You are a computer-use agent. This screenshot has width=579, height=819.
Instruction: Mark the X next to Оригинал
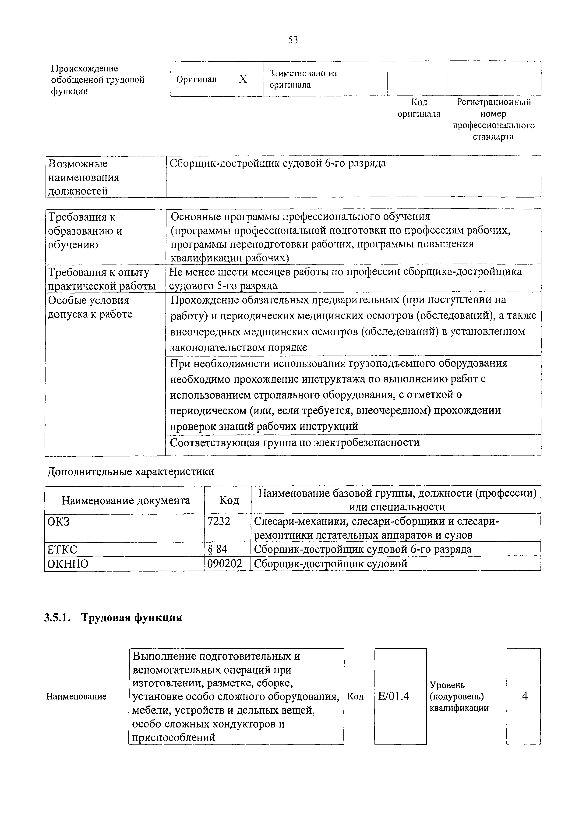pyautogui.click(x=243, y=79)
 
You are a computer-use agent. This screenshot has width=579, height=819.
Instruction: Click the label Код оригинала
pyautogui.click(x=419, y=108)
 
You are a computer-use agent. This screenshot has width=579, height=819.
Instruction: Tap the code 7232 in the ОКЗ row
pyautogui.click(x=219, y=522)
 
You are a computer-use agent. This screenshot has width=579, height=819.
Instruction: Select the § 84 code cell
pyautogui.click(x=217, y=549)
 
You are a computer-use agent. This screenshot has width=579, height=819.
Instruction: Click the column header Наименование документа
pyautogui.click(x=126, y=500)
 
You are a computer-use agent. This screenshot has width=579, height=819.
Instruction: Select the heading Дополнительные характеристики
pyautogui.click(x=131, y=472)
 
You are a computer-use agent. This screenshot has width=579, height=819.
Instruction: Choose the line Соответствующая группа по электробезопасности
pyautogui.click(x=294, y=443)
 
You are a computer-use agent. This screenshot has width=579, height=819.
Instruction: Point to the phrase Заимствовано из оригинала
pyautogui.click(x=303, y=79)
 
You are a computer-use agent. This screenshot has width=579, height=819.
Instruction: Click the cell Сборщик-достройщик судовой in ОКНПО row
pyautogui.click(x=330, y=564)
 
